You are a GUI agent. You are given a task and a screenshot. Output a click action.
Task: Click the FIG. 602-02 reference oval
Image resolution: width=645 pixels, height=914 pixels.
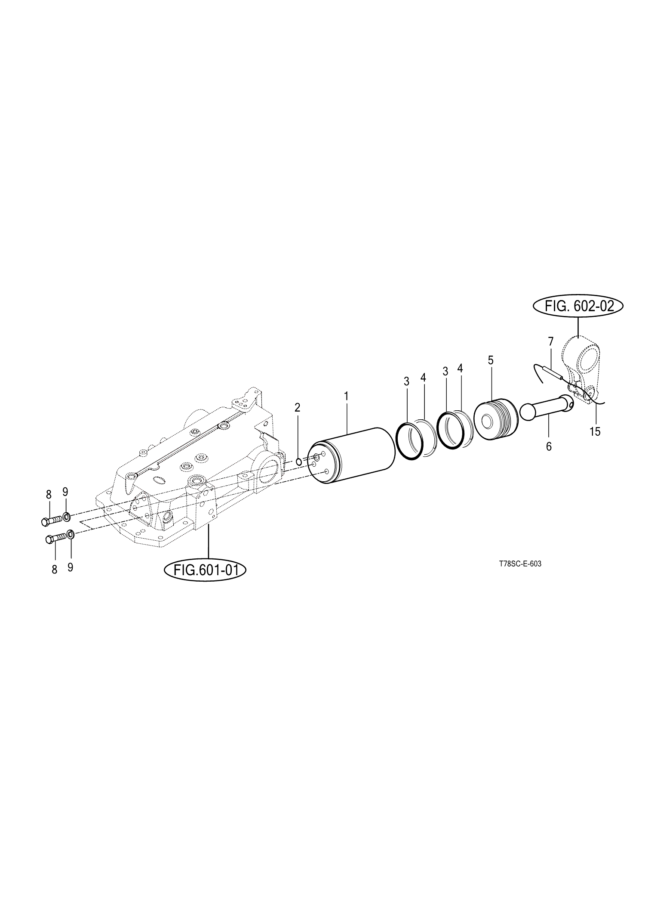[578, 307]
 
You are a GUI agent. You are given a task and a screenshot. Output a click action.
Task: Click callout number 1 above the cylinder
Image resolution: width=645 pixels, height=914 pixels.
[346, 396]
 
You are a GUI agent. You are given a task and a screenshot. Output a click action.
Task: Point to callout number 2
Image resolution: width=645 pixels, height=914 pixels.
[297, 407]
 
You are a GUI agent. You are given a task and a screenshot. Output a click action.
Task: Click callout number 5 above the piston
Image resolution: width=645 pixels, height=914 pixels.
[491, 360]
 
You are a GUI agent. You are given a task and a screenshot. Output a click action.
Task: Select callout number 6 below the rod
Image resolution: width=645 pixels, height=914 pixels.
[549, 446]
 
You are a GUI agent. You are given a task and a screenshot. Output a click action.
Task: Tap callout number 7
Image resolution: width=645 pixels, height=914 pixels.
[550, 342]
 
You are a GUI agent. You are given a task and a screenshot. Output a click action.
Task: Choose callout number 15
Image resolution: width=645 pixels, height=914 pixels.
[595, 431]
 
